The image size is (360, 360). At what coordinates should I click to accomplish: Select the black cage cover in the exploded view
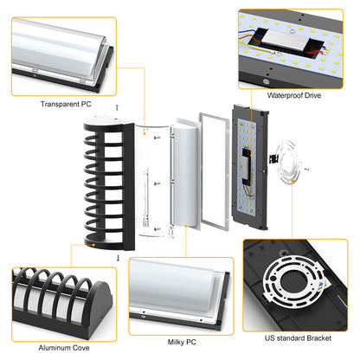point(105,183)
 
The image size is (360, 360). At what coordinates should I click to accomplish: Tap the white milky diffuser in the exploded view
point(182,183)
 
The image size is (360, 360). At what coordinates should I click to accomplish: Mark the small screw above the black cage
point(115,107)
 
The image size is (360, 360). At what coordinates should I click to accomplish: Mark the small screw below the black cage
point(115,258)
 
